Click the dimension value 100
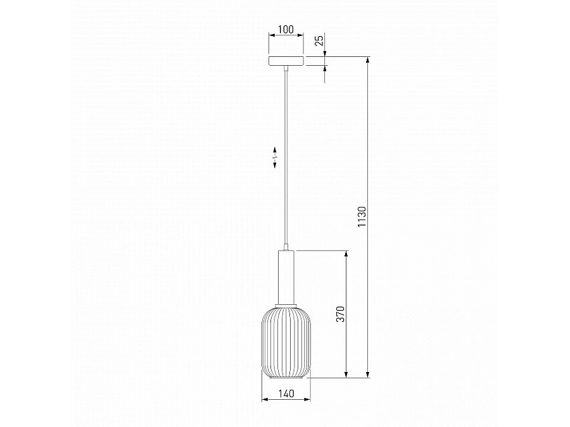click(x=286, y=29)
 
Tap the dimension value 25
click(x=319, y=40)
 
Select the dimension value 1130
click(x=362, y=217)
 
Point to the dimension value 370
click(x=340, y=314)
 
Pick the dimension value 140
click(x=286, y=393)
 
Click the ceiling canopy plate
click(x=286, y=61)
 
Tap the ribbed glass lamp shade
click(x=286, y=342)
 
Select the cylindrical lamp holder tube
click(x=286, y=276)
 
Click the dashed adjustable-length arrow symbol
click(x=275, y=157)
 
